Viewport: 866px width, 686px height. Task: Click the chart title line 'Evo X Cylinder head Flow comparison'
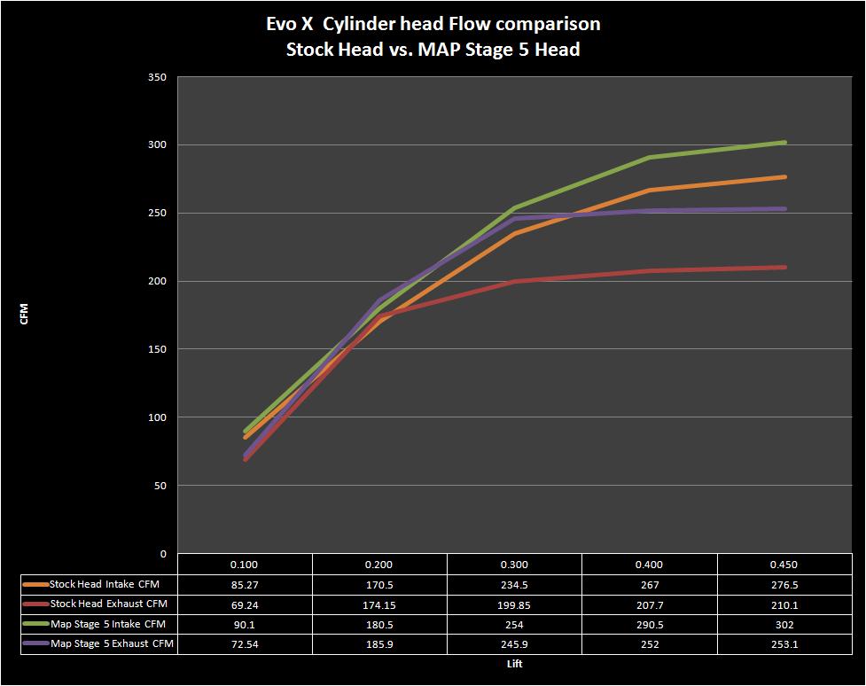(433, 24)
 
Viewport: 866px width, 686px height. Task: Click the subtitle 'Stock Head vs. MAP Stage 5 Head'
(433, 50)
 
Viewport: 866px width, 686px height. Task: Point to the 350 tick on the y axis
(157, 77)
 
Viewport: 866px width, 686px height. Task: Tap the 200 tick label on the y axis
(157, 281)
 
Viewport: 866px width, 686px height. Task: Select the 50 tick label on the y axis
(160, 486)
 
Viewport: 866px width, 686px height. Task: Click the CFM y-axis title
(25, 315)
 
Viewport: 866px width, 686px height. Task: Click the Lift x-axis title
(514, 663)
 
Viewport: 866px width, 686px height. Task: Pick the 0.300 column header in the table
(514, 565)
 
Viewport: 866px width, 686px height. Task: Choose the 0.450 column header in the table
(785, 565)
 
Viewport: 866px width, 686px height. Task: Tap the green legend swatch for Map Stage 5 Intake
(36, 625)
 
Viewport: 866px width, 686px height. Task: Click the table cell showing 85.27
(245, 584)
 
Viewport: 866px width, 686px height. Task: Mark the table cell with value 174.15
(379, 604)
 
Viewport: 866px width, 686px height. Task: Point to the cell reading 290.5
(650, 625)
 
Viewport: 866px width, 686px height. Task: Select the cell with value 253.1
(785, 644)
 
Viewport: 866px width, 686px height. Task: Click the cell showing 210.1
(785, 604)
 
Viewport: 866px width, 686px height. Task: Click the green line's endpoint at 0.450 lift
(785, 142)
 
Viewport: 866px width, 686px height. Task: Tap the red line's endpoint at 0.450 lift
(785, 267)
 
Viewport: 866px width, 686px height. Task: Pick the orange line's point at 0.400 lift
(650, 190)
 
